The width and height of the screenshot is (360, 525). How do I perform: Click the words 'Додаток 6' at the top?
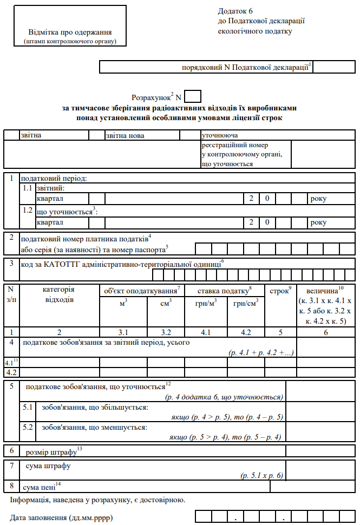pyautogui.click(x=235, y=11)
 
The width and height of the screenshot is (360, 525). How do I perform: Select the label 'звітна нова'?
pyautogui.click(x=126, y=136)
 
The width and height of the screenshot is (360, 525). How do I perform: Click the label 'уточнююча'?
pyautogui.click(x=220, y=136)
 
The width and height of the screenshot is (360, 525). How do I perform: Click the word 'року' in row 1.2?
pyautogui.click(x=318, y=222)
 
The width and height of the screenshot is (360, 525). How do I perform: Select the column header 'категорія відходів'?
pyautogui.click(x=59, y=294)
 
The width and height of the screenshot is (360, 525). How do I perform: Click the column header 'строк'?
pyautogui.click(x=280, y=291)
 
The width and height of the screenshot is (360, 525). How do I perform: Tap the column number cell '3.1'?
pyautogui.click(x=123, y=332)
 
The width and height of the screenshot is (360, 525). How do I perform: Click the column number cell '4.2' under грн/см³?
pyautogui.click(x=245, y=332)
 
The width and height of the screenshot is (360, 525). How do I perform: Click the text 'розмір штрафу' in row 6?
pyautogui.click(x=52, y=450)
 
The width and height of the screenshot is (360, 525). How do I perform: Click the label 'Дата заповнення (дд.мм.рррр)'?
pyautogui.click(x=61, y=517)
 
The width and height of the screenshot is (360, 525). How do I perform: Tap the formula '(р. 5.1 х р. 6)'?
pyautogui.click(x=262, y=476)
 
